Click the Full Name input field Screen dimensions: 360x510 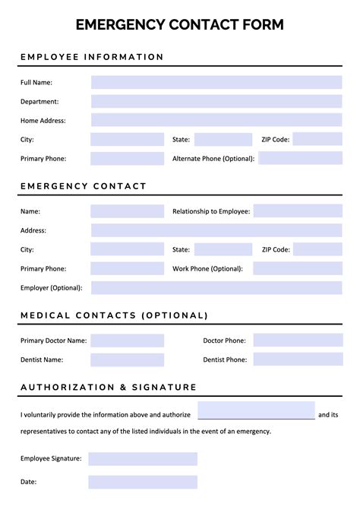[216, 82]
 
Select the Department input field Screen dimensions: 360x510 [216, 101]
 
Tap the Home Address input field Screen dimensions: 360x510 [216, 120]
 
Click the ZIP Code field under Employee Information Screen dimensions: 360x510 [317, 139]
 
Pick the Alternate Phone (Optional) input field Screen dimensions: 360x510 [300, 158]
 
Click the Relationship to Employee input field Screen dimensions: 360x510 [298, 211]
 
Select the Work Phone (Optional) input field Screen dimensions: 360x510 [298, 268]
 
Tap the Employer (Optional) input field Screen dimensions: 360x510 [216, 287]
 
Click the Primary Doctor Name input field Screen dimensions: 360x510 [127, 341]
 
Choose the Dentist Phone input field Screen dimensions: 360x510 [298, 360]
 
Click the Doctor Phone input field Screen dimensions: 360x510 [298, 341]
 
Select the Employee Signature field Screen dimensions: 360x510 [143, 459]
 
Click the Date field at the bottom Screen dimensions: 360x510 [143, 482]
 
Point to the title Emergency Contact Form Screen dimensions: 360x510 [180, 25]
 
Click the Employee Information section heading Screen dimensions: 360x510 [92, 57]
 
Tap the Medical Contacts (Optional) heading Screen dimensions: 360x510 [114, 315]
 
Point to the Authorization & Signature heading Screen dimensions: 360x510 [109, 388]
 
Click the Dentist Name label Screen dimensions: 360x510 [42, 360]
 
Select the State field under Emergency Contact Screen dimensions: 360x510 [223, 249]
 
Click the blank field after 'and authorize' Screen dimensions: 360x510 [256, 410]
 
